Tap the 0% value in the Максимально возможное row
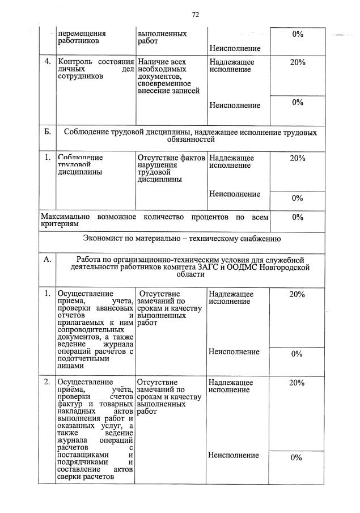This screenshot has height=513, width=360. pyautogui.click(x=297, y=217)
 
